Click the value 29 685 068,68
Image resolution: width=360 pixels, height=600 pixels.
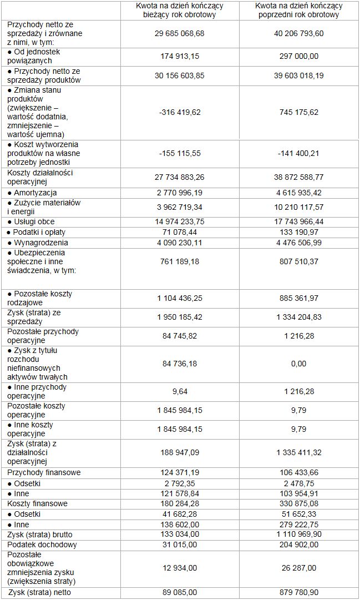point(180,34)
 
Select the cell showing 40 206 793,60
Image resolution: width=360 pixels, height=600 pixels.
point(298,34)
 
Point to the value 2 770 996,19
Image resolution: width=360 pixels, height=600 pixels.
point(180,193)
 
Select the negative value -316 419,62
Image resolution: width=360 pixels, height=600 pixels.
point(180,112)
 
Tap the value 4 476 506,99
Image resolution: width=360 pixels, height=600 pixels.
point(298,243)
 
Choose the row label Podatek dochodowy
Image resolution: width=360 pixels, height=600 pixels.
point(42,544)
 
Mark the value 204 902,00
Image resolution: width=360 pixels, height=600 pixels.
point(298,544)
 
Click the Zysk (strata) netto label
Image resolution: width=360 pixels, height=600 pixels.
point(39,592)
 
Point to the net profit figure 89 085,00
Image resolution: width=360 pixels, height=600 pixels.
point(180,592)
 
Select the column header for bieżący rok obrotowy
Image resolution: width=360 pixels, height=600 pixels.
point(180,10)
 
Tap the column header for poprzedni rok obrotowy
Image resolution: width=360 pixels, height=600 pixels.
point(298,10)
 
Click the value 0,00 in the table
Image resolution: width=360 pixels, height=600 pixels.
point(298,364)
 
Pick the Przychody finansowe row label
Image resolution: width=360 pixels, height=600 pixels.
point(44,472)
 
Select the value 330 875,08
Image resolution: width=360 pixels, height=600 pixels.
point(298,503)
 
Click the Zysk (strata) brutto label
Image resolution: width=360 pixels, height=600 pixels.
point(40,535)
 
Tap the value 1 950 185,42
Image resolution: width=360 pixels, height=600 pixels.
point(180,317)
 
